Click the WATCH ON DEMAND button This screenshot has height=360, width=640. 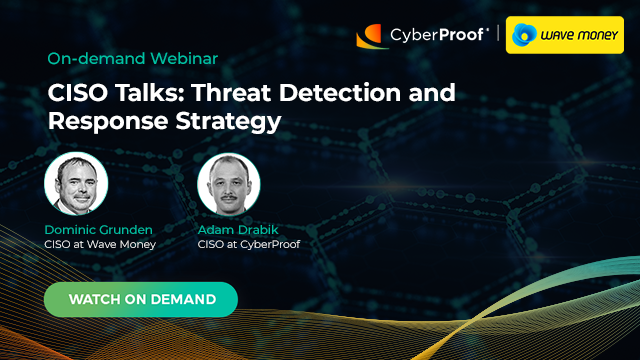tap(141, 299)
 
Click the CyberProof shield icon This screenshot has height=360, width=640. tap(372, 37)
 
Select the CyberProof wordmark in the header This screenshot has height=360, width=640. tap(435, 37)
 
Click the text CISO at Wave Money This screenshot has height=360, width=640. tap(100, 244)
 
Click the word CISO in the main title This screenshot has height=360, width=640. tap(77, 95)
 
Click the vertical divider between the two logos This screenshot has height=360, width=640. tap(497, 36)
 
